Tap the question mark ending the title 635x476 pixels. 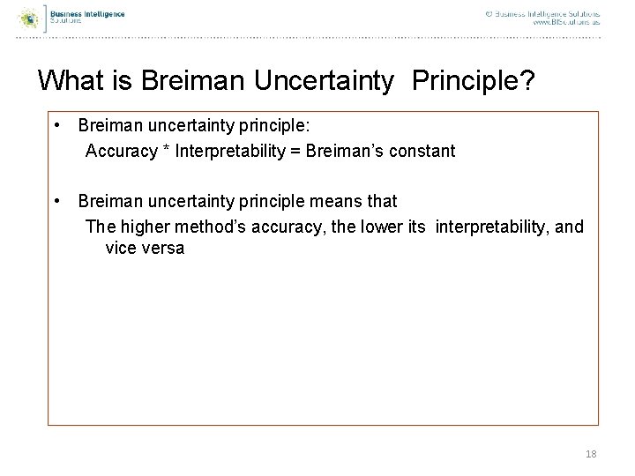527,81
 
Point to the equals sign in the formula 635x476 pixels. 294,151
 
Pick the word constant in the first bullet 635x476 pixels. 422,151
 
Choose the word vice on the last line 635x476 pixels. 121,248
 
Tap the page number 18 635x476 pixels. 591,453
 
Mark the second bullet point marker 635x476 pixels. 56,202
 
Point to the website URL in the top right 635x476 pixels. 566,23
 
